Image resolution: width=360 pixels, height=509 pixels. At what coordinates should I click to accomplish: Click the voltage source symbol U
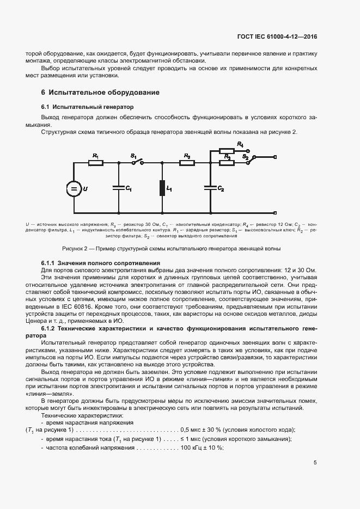click(72, 188)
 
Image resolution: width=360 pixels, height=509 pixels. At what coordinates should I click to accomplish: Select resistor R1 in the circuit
click(96, 162)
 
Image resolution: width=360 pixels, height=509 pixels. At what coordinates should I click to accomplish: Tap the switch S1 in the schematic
click(137, 162)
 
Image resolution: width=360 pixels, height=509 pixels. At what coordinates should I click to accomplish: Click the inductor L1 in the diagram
click(162, 188)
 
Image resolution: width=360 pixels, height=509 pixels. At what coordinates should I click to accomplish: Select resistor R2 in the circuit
click(187, 162)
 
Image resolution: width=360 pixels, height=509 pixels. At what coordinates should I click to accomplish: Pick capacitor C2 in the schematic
click(210, 188)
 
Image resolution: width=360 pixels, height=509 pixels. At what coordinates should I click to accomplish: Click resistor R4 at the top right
click(227, 150)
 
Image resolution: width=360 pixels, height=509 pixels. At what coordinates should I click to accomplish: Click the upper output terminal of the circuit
click(275, 156)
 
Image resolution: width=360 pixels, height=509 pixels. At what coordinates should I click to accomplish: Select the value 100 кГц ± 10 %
click(198, 447)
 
